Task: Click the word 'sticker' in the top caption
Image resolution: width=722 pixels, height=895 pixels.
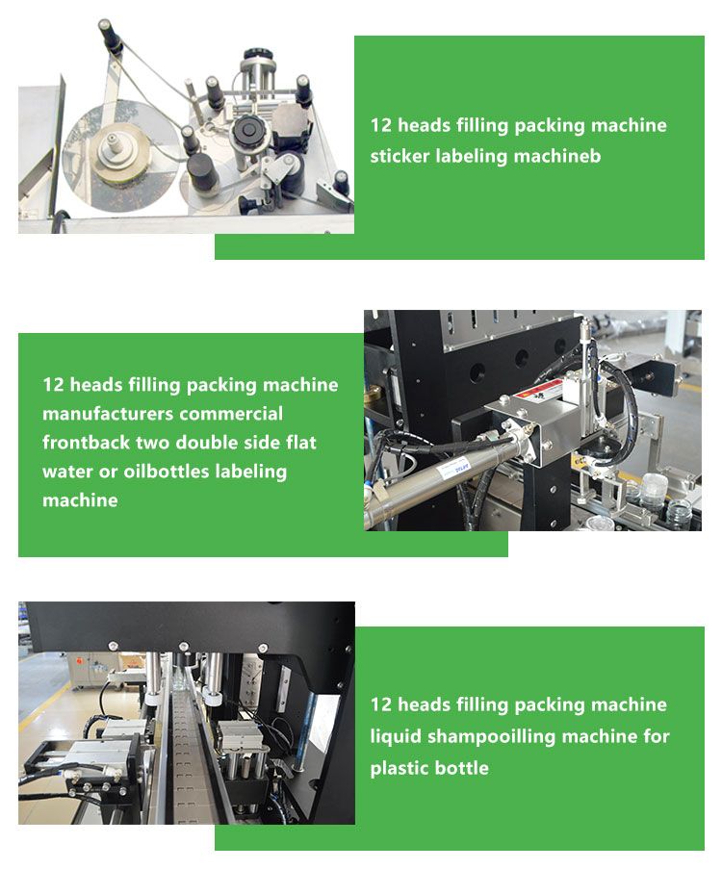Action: coord(400,156)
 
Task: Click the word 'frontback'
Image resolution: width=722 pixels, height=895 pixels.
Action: coord(86,443)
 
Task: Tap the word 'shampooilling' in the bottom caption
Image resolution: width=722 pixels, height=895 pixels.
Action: coord(491,736)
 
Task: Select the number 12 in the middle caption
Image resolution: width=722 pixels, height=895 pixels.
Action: coord(53,385)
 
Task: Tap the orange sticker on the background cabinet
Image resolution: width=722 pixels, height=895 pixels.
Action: coord(80,660)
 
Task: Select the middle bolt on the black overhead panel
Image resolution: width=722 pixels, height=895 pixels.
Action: coord(184,647)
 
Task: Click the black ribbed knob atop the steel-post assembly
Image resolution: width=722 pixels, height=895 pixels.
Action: coord(259,55)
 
